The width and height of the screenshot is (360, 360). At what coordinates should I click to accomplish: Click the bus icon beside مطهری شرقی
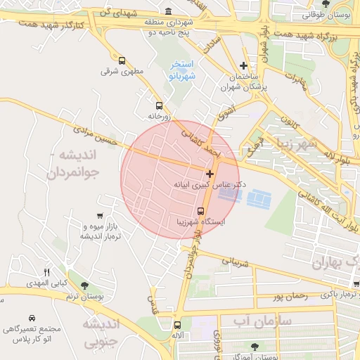(x=123, y=61)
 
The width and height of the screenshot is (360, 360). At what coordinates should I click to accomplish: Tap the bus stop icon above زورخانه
(x=160, y=105)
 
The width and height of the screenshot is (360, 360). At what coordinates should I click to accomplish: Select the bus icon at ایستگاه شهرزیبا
(x=200, y=211)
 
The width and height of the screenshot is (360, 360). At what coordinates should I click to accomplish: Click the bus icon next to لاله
(x=176, y=325)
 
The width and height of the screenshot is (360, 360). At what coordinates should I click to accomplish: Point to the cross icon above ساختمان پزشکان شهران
(x=244, y=65)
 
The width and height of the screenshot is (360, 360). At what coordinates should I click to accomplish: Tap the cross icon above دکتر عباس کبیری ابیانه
(x=210, y=173)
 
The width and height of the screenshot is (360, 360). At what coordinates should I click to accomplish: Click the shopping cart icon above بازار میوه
(x=100, y=217)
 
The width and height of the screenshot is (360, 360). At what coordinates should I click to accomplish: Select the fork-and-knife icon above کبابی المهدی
(x=48, y=272)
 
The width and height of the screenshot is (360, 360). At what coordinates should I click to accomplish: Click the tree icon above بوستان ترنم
(x=85, y=285)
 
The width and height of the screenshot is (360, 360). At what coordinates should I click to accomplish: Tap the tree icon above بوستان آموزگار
(x=254, y=347)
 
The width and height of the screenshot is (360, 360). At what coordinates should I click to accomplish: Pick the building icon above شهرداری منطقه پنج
(x=168, y=12)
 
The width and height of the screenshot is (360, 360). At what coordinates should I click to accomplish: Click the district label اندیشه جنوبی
(x=102, y=333)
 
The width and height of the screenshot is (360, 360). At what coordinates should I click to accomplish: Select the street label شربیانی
(x=236, y=260)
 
